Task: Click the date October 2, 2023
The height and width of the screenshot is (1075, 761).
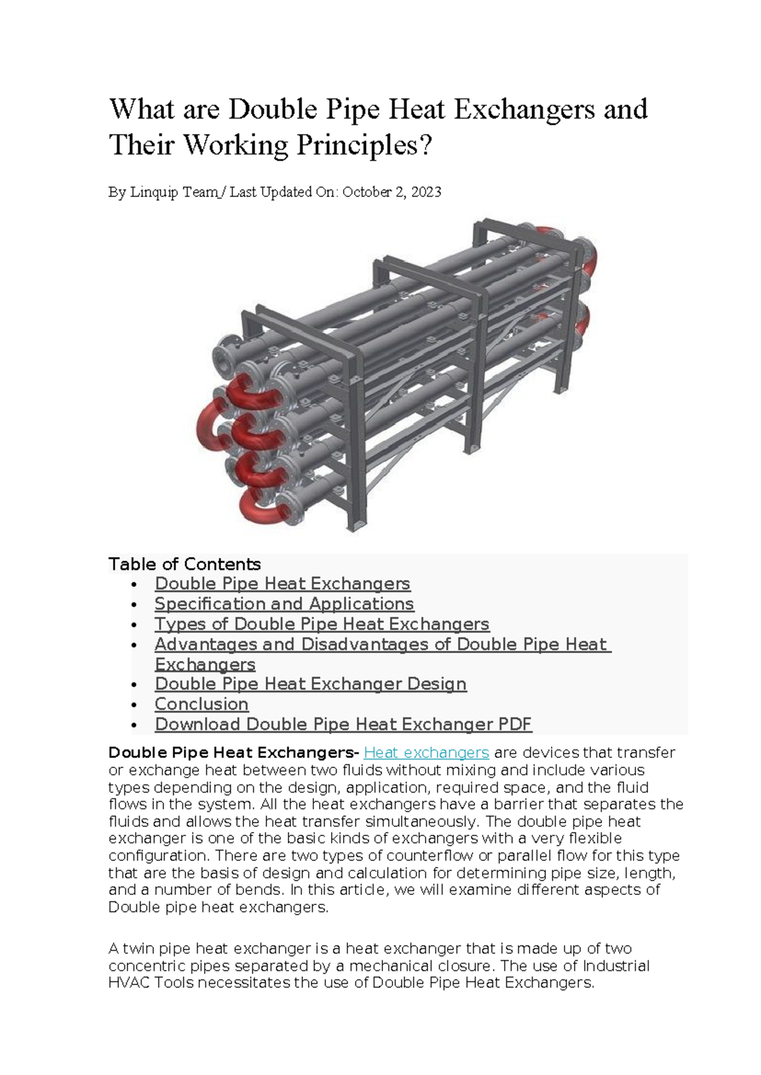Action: tap(391, 192)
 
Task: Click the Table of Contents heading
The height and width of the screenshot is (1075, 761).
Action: tap(185, 564)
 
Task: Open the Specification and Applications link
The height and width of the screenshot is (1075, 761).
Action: tap(284, 603)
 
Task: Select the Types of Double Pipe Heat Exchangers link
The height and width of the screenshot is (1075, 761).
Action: tap(322, 624)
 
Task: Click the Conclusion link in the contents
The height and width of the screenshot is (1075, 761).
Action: tap(202, 704)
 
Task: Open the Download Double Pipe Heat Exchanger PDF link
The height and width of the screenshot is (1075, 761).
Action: tap(343, 724)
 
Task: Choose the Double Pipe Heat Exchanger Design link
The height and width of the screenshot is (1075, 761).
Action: tap(311, 684)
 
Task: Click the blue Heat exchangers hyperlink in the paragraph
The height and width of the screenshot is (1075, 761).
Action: tap(426, 752)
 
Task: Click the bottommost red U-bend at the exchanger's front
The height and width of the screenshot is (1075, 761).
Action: tap(260, 507)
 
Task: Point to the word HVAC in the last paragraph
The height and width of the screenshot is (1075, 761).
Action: tap(129, 983)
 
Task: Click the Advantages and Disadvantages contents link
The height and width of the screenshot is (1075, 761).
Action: tap(380, 644)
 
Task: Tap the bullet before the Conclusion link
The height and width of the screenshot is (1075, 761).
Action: tap(133, 705)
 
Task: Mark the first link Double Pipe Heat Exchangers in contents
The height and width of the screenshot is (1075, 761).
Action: tap(282, 583)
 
